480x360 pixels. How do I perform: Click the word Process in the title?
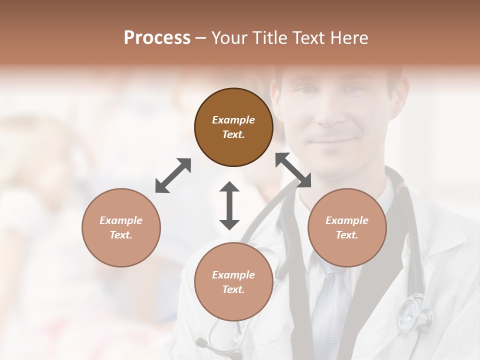(x=157, y=37)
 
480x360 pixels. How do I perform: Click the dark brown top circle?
(x=233, y=127)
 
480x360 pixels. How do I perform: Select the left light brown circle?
(x=121, y=227)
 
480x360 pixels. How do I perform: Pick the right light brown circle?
(x=347, y=227)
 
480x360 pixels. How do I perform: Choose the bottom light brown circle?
(x=233, y=281)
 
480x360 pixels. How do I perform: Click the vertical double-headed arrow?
(x=229, y=205)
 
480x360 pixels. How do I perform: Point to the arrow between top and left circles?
(x=173, y=175)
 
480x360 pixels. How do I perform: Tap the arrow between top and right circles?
(x=293, y=170)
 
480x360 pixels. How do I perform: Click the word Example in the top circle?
(x=233, y=120)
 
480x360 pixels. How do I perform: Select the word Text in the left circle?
(x=121, y=235)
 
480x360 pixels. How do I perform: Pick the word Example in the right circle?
(x=347, y=220)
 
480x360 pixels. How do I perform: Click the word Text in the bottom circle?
(x=233, y=289)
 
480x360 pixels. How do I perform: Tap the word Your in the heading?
(x=228, y=37)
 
